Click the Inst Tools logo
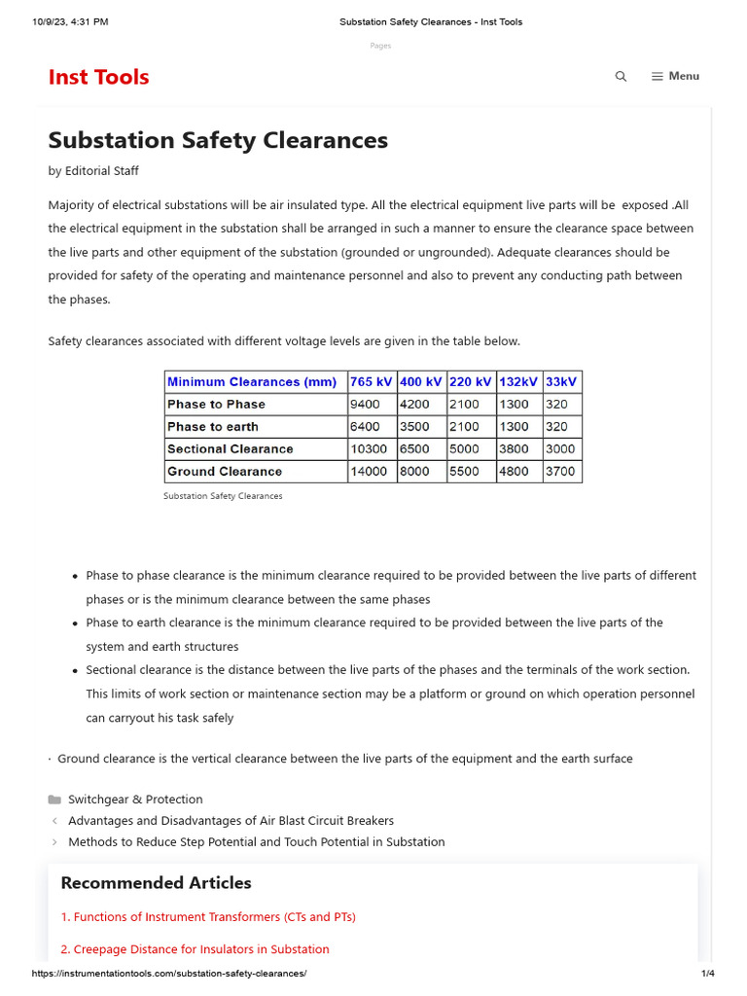coord(98,77)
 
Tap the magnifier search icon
coord(621,77)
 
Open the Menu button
coord(675,76)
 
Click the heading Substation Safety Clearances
coord(218,140)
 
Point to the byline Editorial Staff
coord(101,171)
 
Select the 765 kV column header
coord(371,382)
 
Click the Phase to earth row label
coord(213,427)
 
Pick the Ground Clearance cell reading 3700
coord(560,472)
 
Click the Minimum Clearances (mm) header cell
coord(252,382)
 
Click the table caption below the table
coord(223,496)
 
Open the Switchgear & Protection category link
coord(135,800)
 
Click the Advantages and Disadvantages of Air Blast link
coord(231,821)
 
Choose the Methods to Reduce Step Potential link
coord(256,842)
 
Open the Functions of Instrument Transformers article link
coord(208,917)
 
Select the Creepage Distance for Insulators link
coord(195,949)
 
